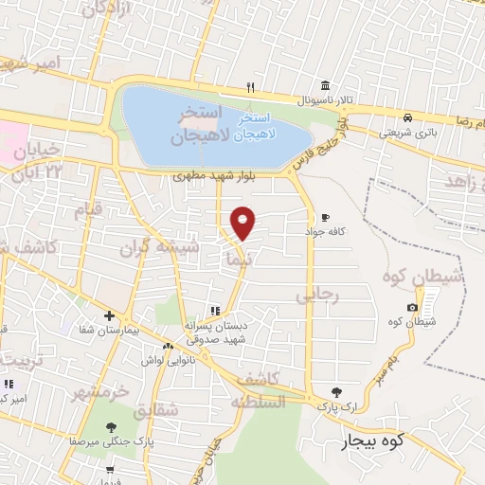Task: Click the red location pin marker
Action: tap(243, 222)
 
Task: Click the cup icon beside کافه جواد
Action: tap(325, 216)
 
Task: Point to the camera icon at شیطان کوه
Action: tap(412, 307)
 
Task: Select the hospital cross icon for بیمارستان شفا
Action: tap(110, 315)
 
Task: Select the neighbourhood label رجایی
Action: tap(316, 296)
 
